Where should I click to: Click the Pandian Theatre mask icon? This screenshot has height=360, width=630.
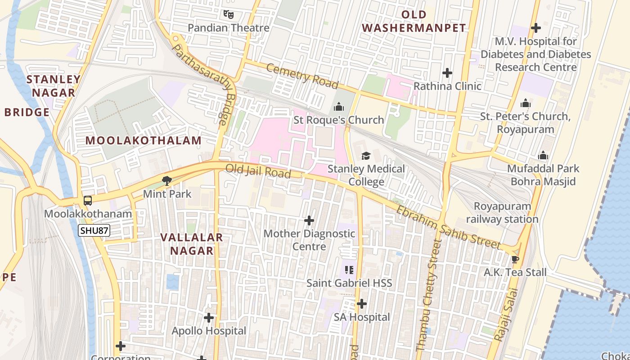pyautogui.click(x=229, y=14)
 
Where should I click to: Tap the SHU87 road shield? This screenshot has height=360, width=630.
pyautogui.click(x=94, y=231)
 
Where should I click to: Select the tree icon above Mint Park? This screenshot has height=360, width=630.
pyautogui.click(x=167, y=181)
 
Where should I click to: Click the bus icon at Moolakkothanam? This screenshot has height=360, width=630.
pyautogui.click(x=88, y=201)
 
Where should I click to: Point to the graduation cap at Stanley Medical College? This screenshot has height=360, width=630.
pyautogui.click(x=366, y=156)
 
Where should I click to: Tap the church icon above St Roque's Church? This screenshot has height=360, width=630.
pyautogui.click(x=338, y=107)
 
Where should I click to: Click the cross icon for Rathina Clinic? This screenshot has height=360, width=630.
pyautogui.click(x=447, y=73)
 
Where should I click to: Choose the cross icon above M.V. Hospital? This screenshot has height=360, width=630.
pyautogui.click(x=535, y=28)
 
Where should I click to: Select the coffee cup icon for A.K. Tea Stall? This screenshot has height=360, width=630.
pyautogui.click(x=515, y=259)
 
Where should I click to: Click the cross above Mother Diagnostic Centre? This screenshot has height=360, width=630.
pyautogui.click(x=309, y=220)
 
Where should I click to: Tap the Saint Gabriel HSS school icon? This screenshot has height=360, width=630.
pyautogui.click(x=349, y=270)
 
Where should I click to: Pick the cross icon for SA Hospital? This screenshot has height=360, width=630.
pyautogui.click(x=362, y=304)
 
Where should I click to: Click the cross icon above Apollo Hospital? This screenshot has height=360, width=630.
pyautogui.click(x=209, y=318)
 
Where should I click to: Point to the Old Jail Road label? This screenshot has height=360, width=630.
pyautogui.click(x=258, y=171)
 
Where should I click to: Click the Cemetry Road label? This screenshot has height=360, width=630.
pyautogui.click(x=302, y=76)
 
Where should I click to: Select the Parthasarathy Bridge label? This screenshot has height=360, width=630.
pyautogui.click(x=205, y=83)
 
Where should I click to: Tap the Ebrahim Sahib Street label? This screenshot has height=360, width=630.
pyautogui.click(x=448, y=227)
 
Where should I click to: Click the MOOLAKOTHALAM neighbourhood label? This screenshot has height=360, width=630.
pyautogui.click(x=144, y=140)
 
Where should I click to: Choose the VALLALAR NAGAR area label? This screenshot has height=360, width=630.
pyautogui.click(x=192, y=244)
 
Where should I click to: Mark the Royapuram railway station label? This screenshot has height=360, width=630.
pyautogui.click(x=502, y=213)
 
